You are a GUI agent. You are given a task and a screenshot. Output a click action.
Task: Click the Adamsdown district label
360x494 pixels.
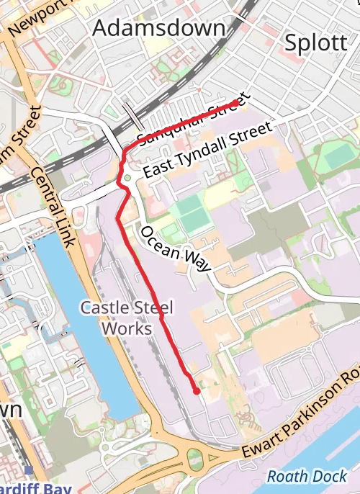click(159, 28)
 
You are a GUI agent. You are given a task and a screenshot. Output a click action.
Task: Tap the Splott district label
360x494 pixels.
click(316, 42)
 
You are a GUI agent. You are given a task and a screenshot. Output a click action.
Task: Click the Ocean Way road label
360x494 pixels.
click(175, 249)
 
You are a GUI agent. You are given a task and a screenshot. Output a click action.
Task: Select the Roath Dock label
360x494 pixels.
click(307, 477)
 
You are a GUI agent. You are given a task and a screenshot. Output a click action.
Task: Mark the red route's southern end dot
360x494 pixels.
click(197, 391)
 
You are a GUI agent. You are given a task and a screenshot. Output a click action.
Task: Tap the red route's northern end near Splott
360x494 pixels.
click(235, 103)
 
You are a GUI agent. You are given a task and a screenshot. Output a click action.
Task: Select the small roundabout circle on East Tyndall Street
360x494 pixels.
click(127, 178)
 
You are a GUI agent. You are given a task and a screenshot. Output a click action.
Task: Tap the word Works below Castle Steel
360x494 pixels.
click(127, 328)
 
